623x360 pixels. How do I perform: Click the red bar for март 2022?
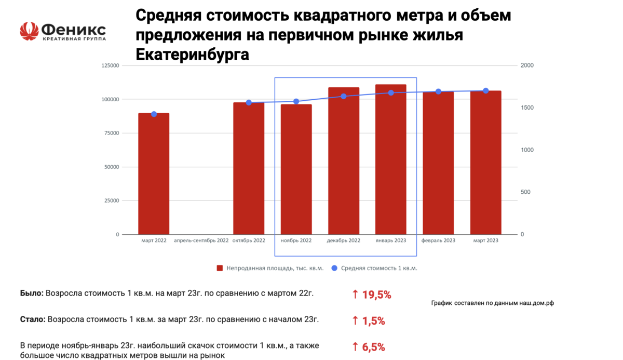coord(154,174)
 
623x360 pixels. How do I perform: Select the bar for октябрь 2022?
coord(249,169)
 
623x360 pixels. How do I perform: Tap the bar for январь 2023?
coord(391,159)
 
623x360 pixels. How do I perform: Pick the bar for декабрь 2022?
coord(344,161)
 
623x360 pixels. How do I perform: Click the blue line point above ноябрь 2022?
coord(296,101)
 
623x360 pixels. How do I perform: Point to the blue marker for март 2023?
coord(486,91)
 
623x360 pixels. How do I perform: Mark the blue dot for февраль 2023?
coord(438,91)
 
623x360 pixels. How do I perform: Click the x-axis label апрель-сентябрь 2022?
coord(201,241)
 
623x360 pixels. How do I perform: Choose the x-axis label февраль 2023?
coord(438,241)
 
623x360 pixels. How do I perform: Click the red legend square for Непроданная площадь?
coord(220,269)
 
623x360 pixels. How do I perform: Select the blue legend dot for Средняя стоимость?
coord(334,269)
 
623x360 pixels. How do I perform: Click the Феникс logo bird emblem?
coord(29,31)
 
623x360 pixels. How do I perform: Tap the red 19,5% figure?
coord(371,295)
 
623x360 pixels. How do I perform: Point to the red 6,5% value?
coord(369,347)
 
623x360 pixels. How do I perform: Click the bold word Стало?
coord(32,320)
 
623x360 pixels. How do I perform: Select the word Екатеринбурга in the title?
coord(192,55)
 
